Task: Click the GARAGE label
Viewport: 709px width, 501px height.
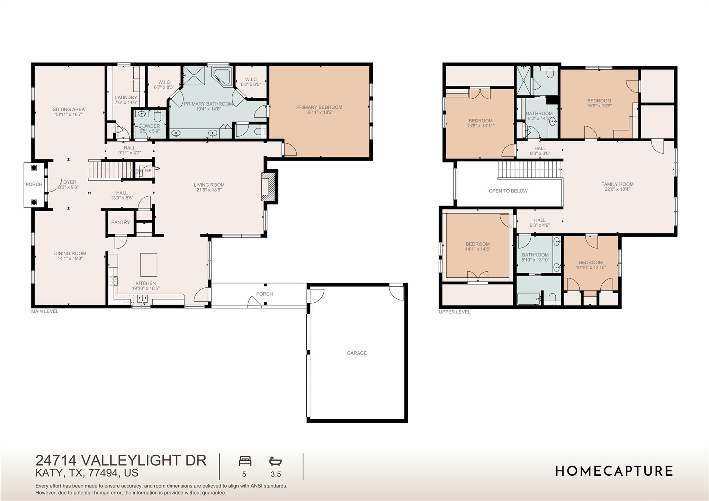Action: pyautogui.click(x=357, y=353)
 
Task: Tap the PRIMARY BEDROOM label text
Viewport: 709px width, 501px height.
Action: pyautogui.click(x=319, y=107)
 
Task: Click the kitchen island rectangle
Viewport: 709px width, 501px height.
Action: pyautogui.click(x=149, y=265)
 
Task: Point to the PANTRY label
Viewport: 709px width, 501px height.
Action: pyautogui.click(x=120, y=222)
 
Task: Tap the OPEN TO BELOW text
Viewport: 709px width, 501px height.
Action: pyautogui.click(x=508, y=191)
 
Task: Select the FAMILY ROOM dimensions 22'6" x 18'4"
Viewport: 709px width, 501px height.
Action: pyautogui.click(x=617, y=189)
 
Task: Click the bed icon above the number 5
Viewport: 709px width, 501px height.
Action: pyautogui.click(x=245, y=461)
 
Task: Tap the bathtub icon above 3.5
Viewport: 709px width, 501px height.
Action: pyautogui.click(x=276, y=461)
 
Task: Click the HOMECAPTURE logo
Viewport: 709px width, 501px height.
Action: pyautogui.click(x=614, y=471)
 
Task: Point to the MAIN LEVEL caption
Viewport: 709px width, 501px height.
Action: pyautogui.click(x=45, y=311)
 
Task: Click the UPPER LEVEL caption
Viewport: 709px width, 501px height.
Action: pyautogui.click(x=454, y=312)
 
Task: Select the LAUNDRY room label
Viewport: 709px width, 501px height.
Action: pyautogui.click(x=126, y=98)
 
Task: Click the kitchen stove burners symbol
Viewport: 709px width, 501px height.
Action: pyautogui.click(x=113, y=281)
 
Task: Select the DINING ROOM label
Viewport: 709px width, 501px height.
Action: pyautogui.click(x=70, y=253)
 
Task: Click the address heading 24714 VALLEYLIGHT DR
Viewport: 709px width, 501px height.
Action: pyautogui.click(x=121, y=460)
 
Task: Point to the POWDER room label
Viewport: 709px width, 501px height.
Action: pyautogui.click(x=150, y=126)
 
